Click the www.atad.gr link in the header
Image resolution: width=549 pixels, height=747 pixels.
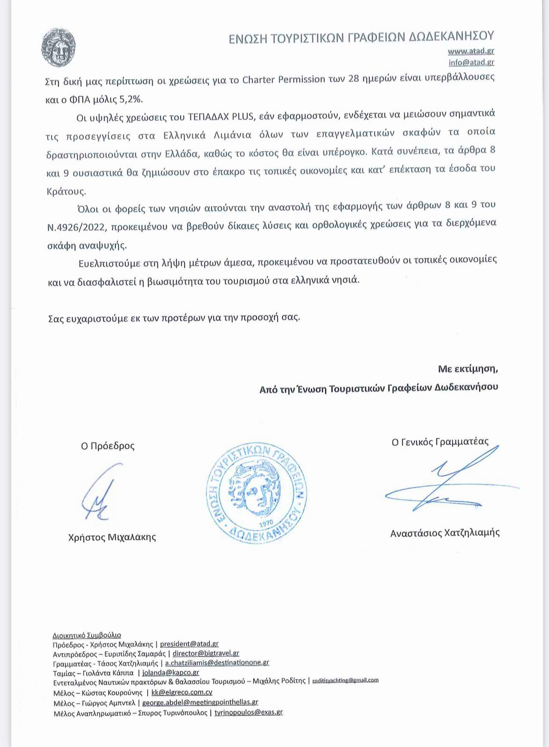point(471,51)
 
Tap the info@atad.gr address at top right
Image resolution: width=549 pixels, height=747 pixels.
point(471,62)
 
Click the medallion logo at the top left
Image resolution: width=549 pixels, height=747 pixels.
point(58,48)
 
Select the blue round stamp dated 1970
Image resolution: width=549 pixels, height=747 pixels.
point(256,493)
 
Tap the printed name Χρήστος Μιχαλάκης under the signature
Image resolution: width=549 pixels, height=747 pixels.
point(112,537)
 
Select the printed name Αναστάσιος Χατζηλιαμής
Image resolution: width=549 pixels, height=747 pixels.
point(445,533)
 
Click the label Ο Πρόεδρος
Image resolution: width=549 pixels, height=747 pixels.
point(107,446)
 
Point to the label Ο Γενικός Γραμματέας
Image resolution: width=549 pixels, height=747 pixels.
point(440,442)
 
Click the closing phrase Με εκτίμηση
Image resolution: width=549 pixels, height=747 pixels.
point(468,369)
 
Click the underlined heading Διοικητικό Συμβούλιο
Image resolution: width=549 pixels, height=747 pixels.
point(87,635)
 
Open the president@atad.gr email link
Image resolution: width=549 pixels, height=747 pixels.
point(189,644)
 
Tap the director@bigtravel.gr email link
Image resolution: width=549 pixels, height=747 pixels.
point(205,653)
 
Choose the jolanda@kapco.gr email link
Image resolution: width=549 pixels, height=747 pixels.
point(171,673)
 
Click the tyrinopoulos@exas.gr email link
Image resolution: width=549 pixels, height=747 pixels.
point(248,712)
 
